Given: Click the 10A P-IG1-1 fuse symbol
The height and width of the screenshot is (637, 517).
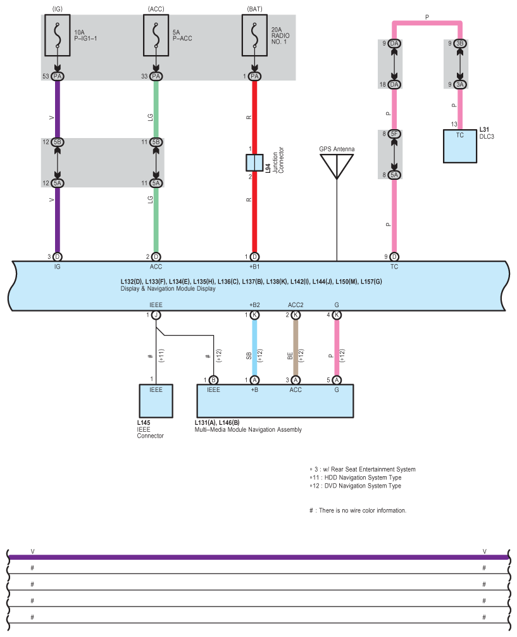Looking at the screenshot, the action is click(x=57, y=35).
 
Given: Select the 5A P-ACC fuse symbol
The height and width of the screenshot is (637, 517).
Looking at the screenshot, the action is click(x=156, y=35).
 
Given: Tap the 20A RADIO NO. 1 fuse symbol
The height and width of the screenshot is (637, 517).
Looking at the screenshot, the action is click(x=254, y=35).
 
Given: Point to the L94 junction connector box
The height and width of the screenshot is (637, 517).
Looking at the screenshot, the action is click(x=254, y=163).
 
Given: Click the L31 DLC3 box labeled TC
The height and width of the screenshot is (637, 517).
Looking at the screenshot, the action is click(x=460, y=146).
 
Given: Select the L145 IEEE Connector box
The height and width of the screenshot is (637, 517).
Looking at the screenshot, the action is click(x=156, y=401).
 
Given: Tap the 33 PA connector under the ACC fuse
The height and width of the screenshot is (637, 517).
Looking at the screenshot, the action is click(x=156, y=77).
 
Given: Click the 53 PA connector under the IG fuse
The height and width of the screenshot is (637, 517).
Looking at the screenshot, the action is click(x=57, y=77).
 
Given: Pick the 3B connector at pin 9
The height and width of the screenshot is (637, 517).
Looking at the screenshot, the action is click(x=460, y=44).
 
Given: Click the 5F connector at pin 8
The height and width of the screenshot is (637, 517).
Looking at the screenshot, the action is click(x=394, y=134).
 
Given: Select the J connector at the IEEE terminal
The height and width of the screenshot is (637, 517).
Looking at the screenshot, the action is click(x=156, y=315).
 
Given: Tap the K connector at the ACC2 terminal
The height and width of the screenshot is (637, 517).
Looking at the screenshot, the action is click(x=296, y=315).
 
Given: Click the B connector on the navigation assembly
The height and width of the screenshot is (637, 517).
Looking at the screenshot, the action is click(x=213, y=380).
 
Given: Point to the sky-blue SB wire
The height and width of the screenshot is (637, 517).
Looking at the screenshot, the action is click(x=254, y=348).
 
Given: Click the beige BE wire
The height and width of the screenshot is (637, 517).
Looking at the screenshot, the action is click(x=296, y=348).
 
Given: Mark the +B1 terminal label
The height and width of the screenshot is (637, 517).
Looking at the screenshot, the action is click(x=254, y=267).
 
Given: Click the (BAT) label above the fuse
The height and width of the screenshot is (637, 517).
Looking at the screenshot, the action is click(x=254, y=9).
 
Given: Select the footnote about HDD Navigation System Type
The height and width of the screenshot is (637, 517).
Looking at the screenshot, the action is click(x=356, y=477).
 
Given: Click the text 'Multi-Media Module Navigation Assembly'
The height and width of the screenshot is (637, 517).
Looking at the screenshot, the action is click(x=248, y=430).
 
